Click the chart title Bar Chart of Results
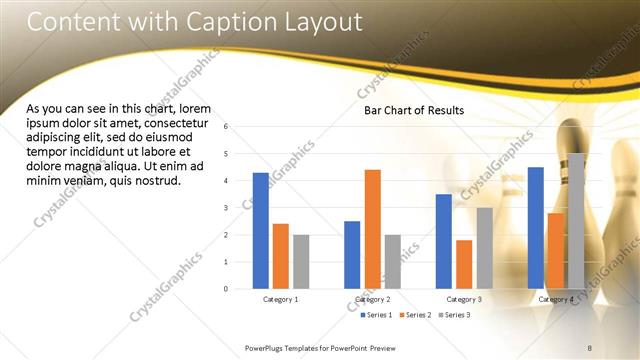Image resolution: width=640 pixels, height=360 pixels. (413, 112)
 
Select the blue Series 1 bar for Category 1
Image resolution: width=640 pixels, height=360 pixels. (260, 231)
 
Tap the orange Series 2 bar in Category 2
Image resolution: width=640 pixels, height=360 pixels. (372, 229)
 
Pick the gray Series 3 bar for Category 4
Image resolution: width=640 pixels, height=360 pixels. (576, 221)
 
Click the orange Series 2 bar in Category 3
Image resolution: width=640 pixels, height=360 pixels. (464, 264)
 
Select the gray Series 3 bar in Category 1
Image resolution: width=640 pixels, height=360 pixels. (301, 262)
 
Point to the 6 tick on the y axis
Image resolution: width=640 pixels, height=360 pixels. (226, 127)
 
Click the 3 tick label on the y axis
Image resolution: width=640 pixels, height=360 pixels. (226, 208)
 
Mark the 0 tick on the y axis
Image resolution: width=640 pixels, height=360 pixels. (226, 289)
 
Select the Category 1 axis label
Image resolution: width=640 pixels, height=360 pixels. (281, 299)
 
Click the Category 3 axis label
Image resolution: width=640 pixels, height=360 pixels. (464, 299)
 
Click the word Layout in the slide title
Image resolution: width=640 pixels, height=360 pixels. (317, 23)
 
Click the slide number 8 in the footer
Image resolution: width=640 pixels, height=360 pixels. (590, 347)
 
